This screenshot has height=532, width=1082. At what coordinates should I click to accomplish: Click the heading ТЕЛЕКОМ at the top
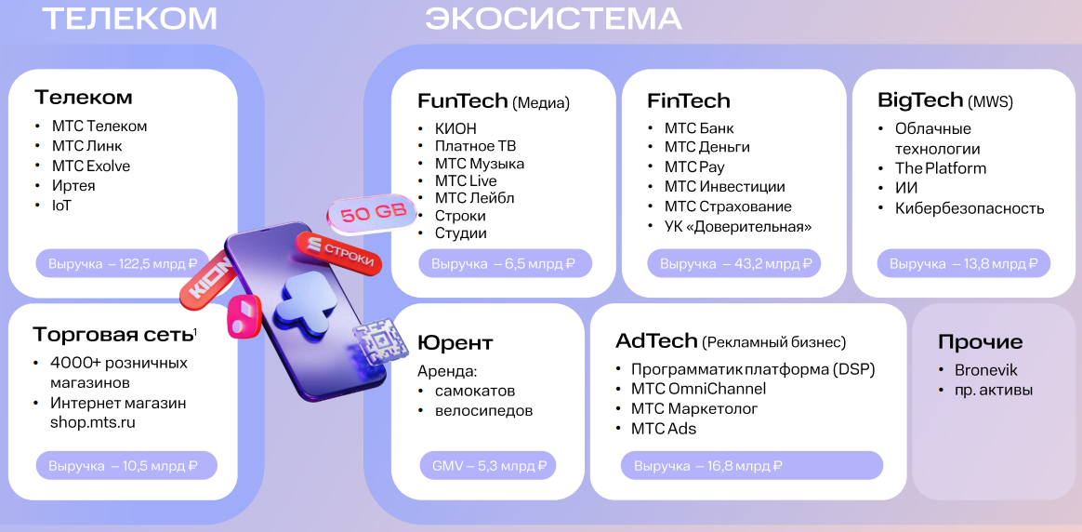(129, 19)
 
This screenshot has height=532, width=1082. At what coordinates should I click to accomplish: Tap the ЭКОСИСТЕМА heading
(553, 19)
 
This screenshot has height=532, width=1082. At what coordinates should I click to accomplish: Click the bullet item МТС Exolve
(91, 166)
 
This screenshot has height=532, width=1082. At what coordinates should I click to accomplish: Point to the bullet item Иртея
(73, 186)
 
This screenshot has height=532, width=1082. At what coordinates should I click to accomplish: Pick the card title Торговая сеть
(113, 335)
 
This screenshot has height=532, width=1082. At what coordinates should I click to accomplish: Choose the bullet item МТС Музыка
(479, 164)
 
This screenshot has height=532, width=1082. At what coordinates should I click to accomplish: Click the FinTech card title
(689, 100)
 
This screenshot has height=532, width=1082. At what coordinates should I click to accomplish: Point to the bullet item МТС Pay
(694, 167)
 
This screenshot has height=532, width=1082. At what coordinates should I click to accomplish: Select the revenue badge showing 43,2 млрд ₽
(734, 263)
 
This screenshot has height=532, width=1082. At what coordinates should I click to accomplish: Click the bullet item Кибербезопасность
(970, 208)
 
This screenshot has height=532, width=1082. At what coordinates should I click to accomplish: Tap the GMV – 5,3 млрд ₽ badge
(488, 465)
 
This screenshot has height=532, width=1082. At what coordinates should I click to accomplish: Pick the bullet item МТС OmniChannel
(698, 389)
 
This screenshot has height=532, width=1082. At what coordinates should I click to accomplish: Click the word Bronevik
(986, 370)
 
